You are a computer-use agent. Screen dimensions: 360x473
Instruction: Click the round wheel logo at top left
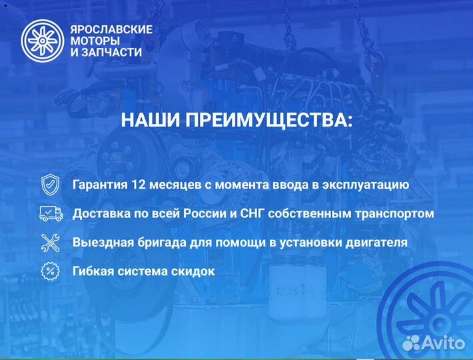click(42, 41)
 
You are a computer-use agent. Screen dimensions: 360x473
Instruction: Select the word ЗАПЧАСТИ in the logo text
click(113, 52)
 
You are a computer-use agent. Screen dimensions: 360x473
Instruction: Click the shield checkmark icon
click(50, 185)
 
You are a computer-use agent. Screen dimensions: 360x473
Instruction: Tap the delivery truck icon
click(50, 213)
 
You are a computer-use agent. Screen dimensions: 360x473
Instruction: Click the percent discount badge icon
click(50, 271)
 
